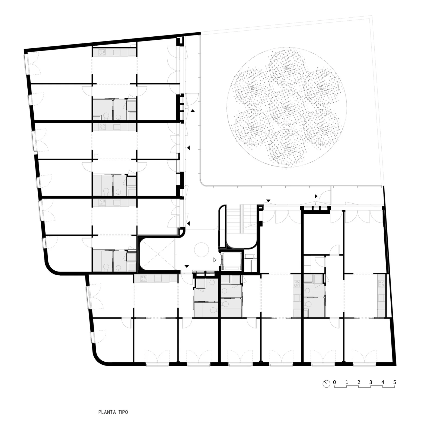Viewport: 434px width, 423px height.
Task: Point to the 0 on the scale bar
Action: click(x=334, y=382)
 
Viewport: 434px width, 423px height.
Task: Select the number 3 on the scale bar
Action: click(x=371, y=382)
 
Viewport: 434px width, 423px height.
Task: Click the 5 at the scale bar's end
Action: click(x=395, y=382)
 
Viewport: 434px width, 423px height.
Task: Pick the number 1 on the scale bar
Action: click(x=347, y=382)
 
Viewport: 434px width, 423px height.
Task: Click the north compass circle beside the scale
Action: click(x=326, y=384)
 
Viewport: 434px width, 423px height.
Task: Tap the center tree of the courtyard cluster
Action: click(x=286, y=107)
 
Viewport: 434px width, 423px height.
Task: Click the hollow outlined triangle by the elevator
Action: click(x=215, y=260)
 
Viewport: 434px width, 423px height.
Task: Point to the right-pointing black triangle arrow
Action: click(x=316, y=196)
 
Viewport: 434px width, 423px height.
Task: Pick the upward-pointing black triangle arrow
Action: click(x=193, y=111)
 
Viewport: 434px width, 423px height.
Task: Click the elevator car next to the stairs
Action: click(x=231, y=261)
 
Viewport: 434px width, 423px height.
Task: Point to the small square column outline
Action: click(x=96, y=156)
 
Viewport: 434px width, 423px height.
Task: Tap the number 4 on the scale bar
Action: click(x=383, y=382)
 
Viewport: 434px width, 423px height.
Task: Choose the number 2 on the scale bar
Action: click(x=359, y=382)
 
